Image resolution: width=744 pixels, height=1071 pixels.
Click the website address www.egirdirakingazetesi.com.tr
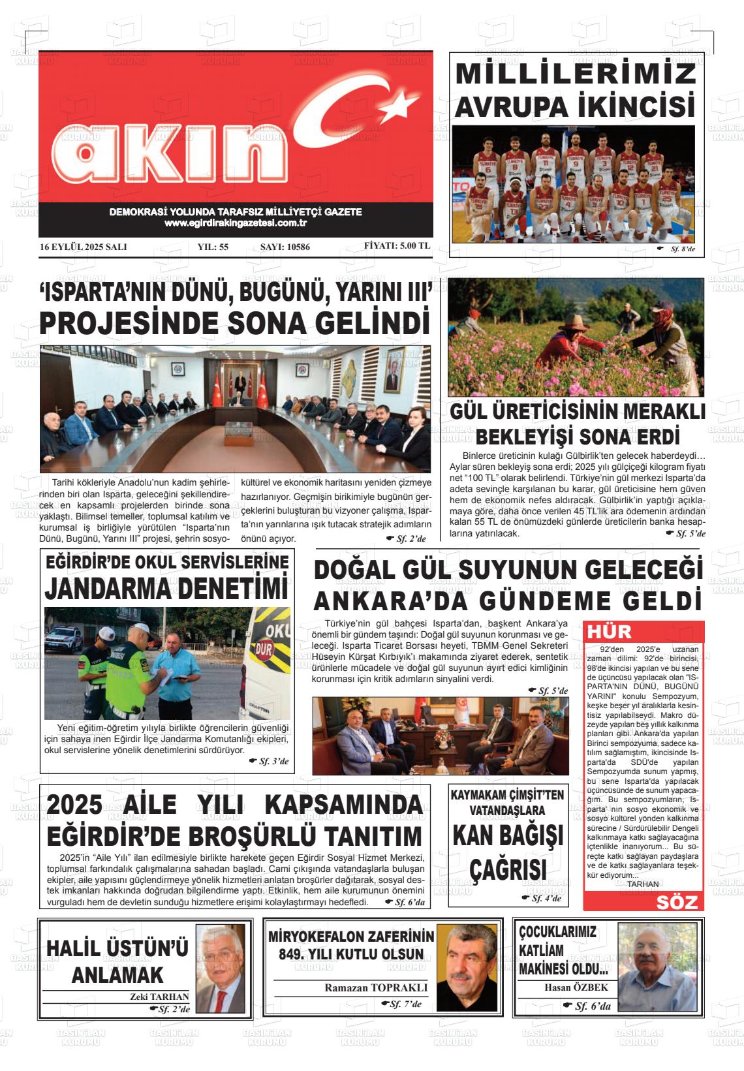[x=236, y=223]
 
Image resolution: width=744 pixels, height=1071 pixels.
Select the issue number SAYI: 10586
[x=285, y=247]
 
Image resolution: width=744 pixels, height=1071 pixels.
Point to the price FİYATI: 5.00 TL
[x=397, y=247]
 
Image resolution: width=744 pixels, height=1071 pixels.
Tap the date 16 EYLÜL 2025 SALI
[x=83, y=247]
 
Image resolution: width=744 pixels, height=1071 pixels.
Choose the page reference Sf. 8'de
[x=683, y=249]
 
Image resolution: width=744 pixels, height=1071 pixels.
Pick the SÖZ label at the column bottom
[x=677, y=902]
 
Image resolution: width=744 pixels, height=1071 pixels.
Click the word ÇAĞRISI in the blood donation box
[x=508, y=870]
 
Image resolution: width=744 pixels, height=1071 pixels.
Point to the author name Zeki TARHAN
[x=160, y=997]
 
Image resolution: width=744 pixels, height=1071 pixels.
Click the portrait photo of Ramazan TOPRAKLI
[x=466, y=967]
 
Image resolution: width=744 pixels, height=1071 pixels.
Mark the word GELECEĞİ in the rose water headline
[x=643, y=570]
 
